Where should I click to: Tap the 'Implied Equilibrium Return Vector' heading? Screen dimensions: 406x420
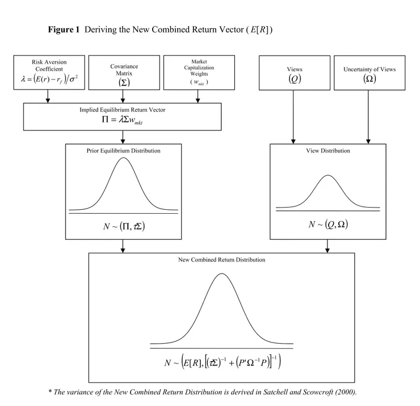pos(123,109)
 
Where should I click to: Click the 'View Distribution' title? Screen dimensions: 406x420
pos(328,151)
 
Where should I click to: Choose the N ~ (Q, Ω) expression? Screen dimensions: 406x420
pos(328,224)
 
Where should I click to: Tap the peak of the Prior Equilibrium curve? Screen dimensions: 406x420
pos(123,158)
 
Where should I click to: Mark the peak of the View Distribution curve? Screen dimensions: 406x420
pos(328,175)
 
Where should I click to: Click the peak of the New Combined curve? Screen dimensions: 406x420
pos(221,274)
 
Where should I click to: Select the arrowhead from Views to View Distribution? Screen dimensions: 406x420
pos(293,141)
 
